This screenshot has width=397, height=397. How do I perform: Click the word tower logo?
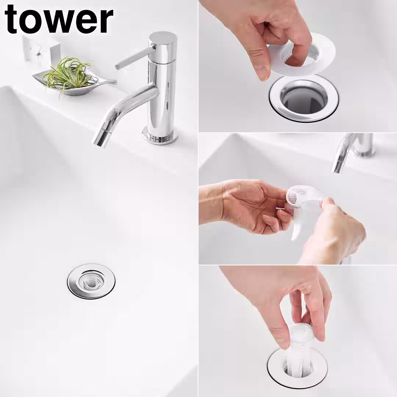pos(59,19)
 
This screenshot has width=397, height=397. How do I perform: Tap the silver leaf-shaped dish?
pos(74,83)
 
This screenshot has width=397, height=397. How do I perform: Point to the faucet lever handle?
pos(135,57)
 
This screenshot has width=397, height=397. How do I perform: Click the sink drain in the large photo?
pos(91,281)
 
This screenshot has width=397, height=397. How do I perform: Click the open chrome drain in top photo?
pos(304,99)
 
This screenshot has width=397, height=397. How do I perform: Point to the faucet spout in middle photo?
pos(350,151)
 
